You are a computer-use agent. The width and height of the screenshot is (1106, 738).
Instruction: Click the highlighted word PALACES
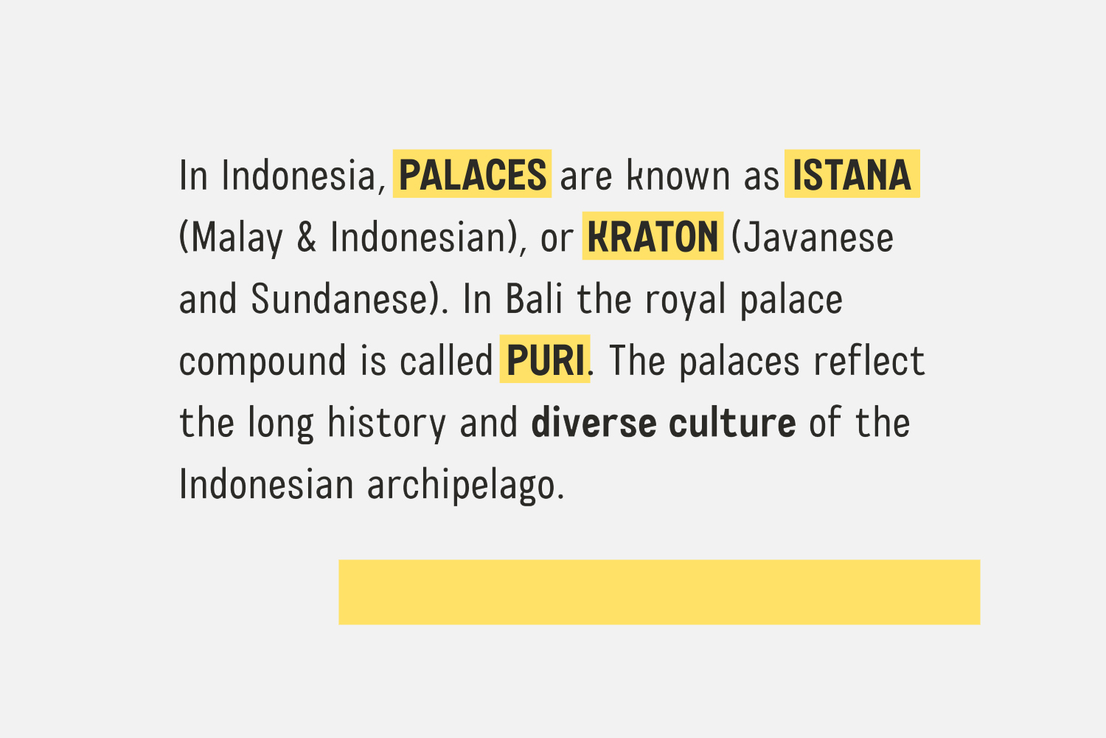(472, 174)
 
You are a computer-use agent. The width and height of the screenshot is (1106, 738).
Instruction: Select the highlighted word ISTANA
(852, 174)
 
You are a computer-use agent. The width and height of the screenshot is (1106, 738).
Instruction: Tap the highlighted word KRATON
(653, 236)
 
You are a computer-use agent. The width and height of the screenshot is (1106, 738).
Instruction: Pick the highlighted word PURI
(545, 360)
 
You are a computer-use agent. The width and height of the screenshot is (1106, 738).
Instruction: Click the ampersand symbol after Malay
(307, 237)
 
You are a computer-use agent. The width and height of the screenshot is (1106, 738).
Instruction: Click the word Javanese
(818, 237)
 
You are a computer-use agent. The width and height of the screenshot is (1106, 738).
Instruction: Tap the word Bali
(534, 299)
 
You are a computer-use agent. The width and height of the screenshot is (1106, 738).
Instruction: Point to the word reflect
(869, 360)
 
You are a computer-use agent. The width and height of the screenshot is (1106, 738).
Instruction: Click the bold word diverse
(594, 421)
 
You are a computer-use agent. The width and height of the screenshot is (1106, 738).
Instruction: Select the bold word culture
(732, 421)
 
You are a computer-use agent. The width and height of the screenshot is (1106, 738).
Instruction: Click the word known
(678, 174)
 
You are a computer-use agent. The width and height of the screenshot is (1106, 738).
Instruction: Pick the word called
(446, 360)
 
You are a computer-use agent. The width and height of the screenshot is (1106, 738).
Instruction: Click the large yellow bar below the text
(659, 592)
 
